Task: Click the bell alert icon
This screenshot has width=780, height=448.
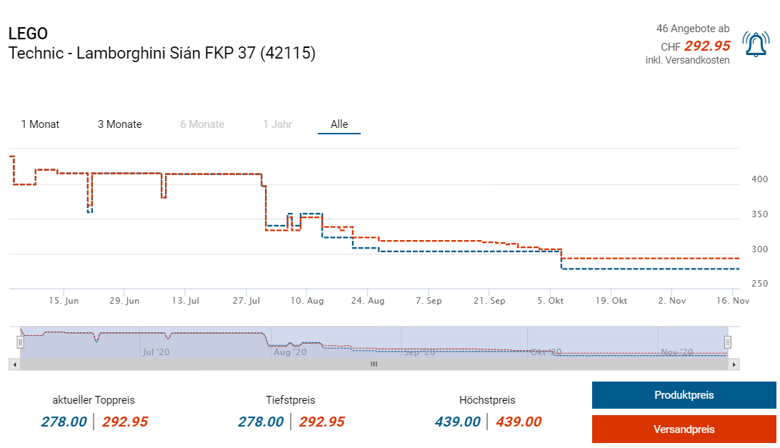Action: [x=755, y=45]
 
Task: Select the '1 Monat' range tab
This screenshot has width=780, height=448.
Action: [x=40, y=124]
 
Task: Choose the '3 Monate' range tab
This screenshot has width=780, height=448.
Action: [x=120, y=124]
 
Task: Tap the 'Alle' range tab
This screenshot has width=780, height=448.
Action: [x=339, y=124]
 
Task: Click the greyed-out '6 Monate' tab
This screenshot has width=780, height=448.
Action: [x=202, y=124]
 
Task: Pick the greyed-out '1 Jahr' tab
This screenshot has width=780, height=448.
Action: [x=277, y=124]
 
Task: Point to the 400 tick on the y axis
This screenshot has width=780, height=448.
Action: [x=759, y=179]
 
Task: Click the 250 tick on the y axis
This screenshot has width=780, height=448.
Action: [x=759, y=284]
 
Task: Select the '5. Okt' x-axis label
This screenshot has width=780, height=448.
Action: [x=550, y=301]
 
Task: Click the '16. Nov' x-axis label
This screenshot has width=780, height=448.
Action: [x=733, y=301]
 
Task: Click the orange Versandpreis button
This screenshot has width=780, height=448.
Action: [x=684, y=429]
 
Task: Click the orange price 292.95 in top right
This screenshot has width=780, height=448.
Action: [x=707, y=46]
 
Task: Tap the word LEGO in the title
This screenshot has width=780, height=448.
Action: [x=28, y=34]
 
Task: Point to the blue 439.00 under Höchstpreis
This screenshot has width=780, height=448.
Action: [x=457, y=422]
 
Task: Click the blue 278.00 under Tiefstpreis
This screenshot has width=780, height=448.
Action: [x=261, y=422]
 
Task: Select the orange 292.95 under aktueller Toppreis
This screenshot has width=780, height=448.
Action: [x=125, y=422]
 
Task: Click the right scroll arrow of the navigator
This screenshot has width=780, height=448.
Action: [x=734, y=364]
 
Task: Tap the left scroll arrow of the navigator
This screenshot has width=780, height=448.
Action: [x=14, y=364]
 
